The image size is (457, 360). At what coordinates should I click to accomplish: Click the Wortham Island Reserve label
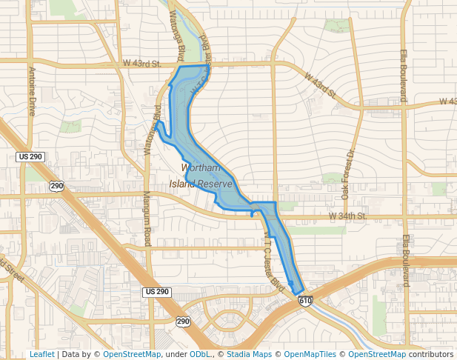click(201, 176)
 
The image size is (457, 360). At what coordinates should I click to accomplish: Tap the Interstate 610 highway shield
click(305, 301)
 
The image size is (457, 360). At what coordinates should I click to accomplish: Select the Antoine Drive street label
click(32, 91)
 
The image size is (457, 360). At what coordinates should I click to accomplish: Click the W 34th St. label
click(348, 216)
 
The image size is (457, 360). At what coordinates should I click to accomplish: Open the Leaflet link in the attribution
click(41, 355)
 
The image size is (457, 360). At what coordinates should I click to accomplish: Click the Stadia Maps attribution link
click(249, 355)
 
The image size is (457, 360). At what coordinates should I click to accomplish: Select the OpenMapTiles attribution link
click(310, 355)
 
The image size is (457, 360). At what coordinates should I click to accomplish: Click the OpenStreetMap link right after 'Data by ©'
click(132, 355)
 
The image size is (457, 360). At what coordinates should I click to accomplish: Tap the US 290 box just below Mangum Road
click(157, 293)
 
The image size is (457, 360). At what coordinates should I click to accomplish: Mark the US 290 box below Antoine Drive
click(31, 157)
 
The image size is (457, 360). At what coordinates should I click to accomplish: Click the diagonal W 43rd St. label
click(321, 84)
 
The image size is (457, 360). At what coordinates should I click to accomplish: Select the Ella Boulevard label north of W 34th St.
click(404, 76)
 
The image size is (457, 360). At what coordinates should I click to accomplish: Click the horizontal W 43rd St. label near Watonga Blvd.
click(142, 64)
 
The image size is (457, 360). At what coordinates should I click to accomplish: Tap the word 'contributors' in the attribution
click(431, 355)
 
